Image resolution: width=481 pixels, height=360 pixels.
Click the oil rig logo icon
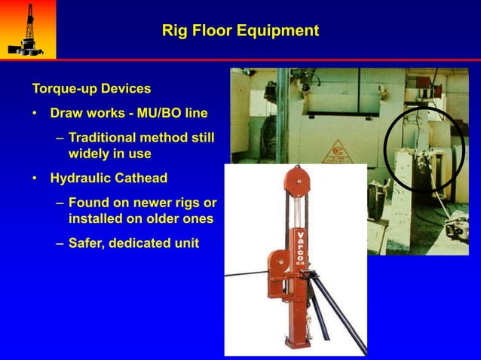[x=27, y=29]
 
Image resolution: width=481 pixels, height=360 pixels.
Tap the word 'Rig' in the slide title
[x=175, y=31]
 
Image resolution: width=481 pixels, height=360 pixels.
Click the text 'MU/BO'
[x=164, y=114]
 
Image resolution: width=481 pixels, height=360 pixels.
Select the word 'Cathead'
[x=140, y=178]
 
